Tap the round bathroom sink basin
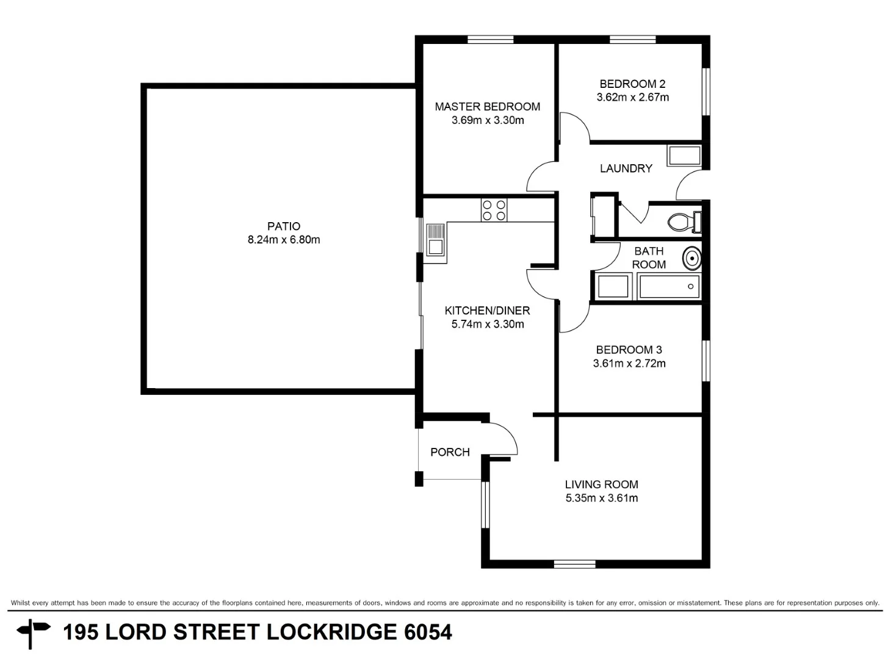(x=691, y=258)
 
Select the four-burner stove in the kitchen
(x=494, y=211)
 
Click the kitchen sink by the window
(x=435, y=240)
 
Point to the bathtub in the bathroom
(x=669, y=287)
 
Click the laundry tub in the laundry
(x=684, y=156)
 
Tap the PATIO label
(x=284, y=226)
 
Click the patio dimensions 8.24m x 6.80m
(x=284, y=240)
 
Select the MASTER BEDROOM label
(x=487, y=107)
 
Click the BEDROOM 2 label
(x=632, y=84)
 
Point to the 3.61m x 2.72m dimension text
(x=629, y=364)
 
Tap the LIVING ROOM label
(x=601, y=484)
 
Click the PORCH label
(x=450, y=452)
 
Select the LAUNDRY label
(x=626, y=168)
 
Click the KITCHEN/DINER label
(x=487, y=311)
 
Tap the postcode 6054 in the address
(x=428, y=632)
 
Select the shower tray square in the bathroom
(x=613, y=287)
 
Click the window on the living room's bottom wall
(x=574, y=564)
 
